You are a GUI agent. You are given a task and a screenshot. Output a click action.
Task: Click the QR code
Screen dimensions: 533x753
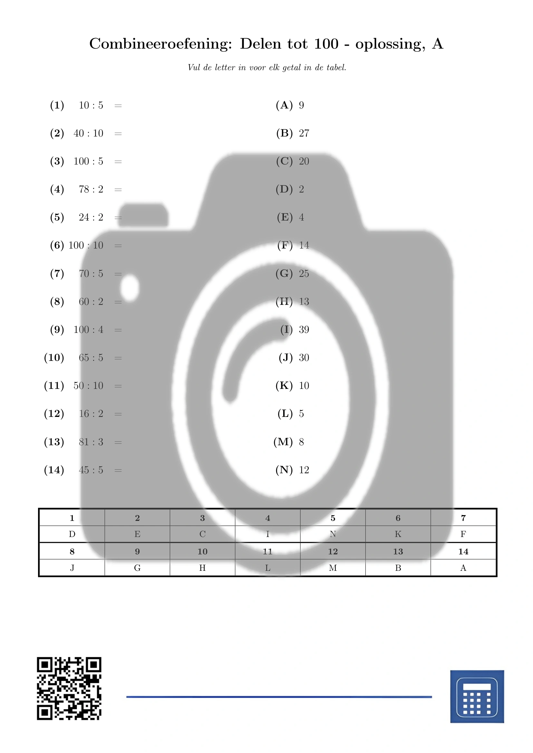pos(69,688)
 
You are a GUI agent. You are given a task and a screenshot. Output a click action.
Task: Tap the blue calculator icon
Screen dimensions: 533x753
pos(477,696)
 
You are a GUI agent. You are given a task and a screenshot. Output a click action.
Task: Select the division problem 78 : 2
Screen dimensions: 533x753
pos(91,189)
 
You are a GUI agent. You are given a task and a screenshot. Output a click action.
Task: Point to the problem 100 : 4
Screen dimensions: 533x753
pos(88,330)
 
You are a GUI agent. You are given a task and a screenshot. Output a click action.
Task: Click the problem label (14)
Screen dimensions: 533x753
pos(54,470)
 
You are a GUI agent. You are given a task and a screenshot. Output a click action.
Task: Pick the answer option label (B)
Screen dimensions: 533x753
pos(284,133)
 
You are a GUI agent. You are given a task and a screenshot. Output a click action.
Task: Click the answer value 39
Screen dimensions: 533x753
pos(304,330)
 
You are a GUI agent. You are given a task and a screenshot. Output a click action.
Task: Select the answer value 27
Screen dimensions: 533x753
pos(304,133)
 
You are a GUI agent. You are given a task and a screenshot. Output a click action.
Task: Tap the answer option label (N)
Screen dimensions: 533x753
pos(284,470)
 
